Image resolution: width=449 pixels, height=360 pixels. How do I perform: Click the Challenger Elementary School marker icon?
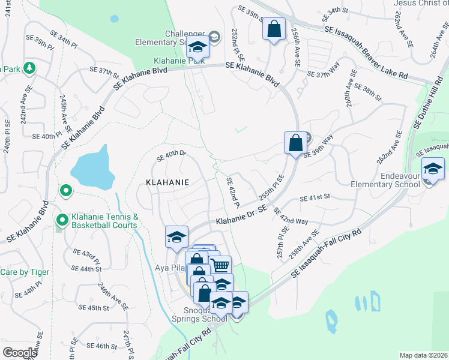[197, 46]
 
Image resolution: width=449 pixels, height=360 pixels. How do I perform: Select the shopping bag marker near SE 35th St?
[274, 28]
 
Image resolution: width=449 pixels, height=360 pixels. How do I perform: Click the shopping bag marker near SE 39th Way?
[295, 143]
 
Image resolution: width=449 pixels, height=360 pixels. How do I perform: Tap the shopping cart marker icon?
[220, 265]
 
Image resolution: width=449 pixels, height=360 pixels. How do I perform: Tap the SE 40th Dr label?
[172, 156]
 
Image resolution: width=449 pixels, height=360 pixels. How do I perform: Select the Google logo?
[20, 353]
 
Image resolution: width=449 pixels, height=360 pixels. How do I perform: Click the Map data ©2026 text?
[423, 355]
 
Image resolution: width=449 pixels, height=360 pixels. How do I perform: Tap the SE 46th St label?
[101, 346]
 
